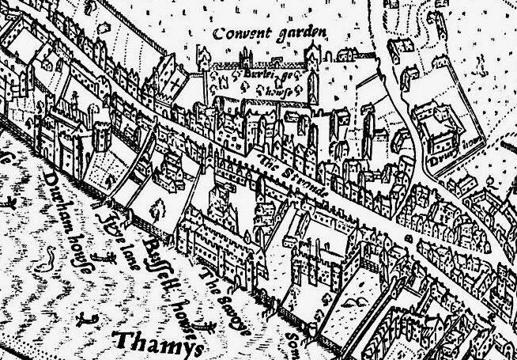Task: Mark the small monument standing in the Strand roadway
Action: (x=409, y=236)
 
